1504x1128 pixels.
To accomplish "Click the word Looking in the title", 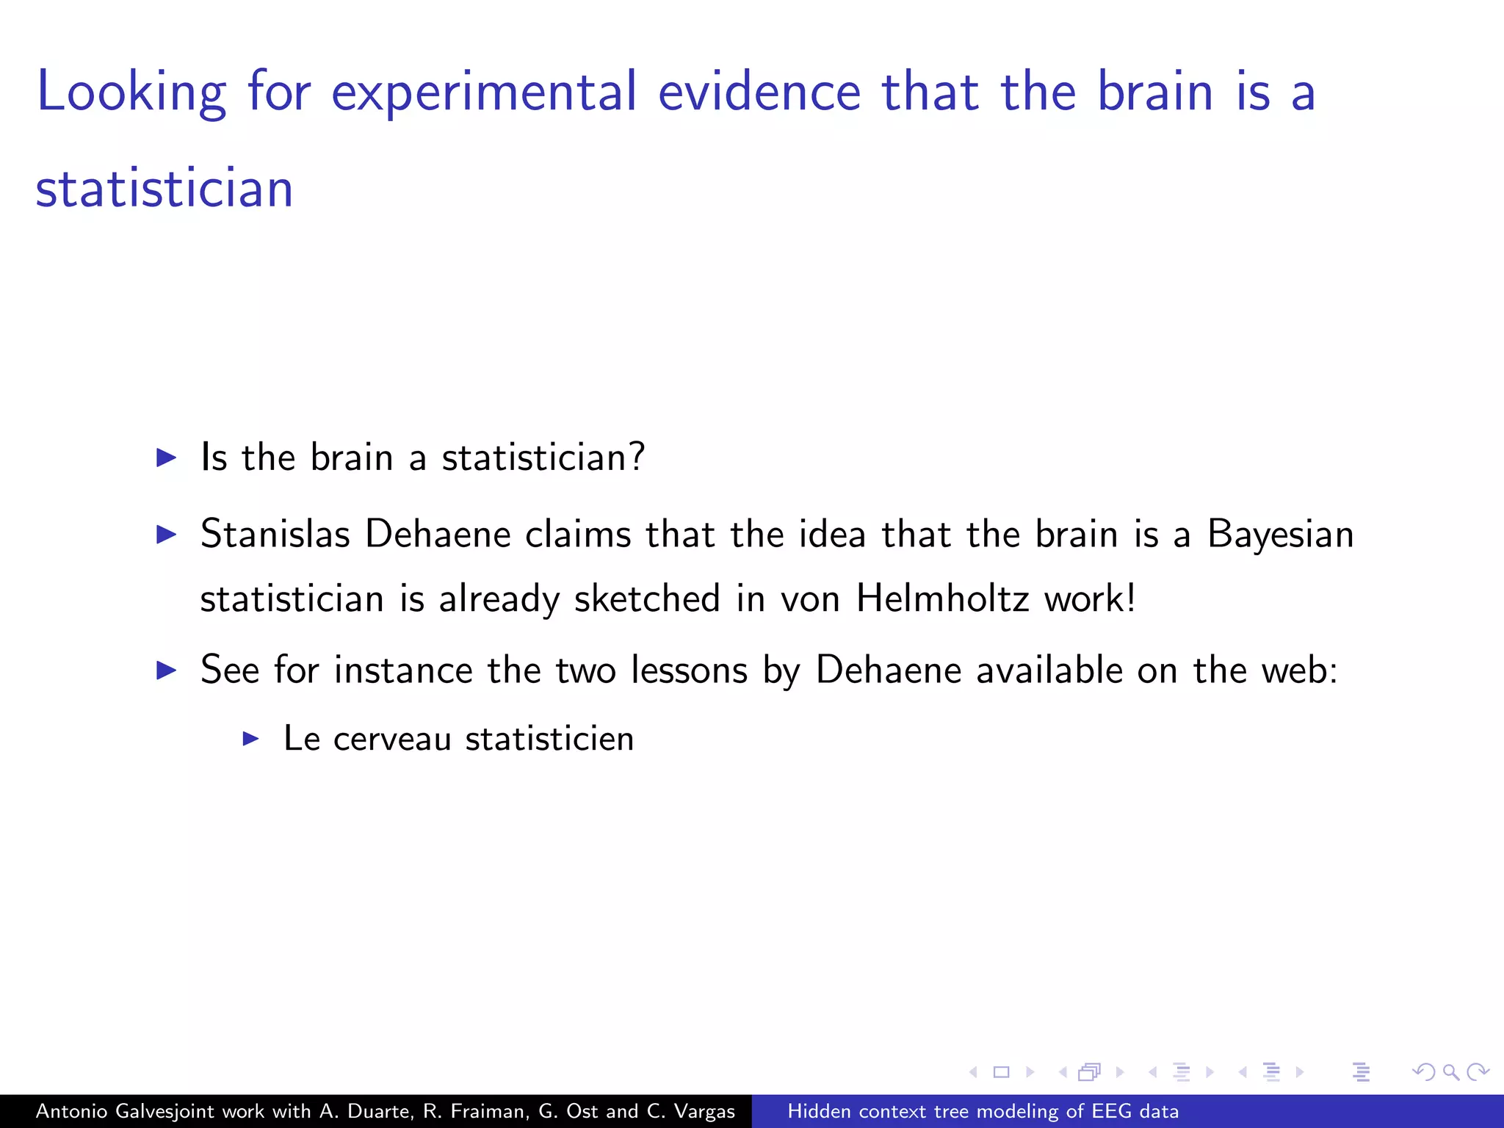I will (x=131, y=93).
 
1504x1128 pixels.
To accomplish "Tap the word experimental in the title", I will (x=483, y=93).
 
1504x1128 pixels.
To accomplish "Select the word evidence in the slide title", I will (x=759, y=93).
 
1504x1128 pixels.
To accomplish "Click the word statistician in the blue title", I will (x=164, y=189).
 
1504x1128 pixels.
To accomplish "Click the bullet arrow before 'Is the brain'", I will (x=167, y=458).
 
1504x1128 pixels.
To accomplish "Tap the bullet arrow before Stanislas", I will (x=167, y=535).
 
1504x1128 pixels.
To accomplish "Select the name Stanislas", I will (x=275, y=534).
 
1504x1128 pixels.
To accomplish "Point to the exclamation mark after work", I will (x=1131, y=598).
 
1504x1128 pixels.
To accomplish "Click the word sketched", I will (x=647, y=599).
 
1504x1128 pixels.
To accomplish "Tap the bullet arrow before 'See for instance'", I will (x=167, y=670).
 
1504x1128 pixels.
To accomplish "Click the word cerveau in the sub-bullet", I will (x=391, y=739).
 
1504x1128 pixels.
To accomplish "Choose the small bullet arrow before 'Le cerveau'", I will (x=251, y=738).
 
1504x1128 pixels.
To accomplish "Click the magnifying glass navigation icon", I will (x=1450, y=1072).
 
